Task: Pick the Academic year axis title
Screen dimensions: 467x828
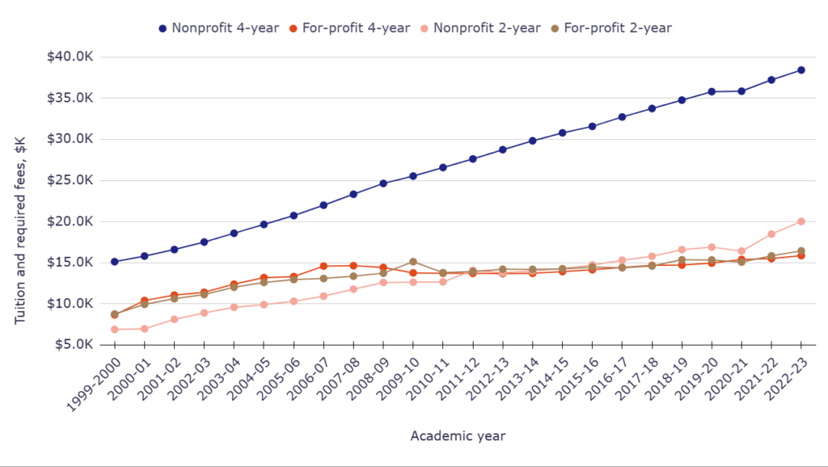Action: [x=458, y=436]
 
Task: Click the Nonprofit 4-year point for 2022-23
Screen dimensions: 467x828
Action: [x=801, y=69]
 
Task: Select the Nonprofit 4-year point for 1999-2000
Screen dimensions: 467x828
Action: [x=115, y=262]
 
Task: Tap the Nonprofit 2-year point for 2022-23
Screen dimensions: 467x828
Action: [x=801, y=221]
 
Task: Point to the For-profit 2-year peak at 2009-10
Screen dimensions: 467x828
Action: [x=413, y=262]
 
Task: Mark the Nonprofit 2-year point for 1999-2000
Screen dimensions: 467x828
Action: [x=115, y=330]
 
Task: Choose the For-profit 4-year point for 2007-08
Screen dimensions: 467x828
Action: [x=353, y=266]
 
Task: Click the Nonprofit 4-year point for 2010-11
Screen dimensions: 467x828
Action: [x=443, y=167]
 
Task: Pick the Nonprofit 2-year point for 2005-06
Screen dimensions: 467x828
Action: [x=294, y=301]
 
